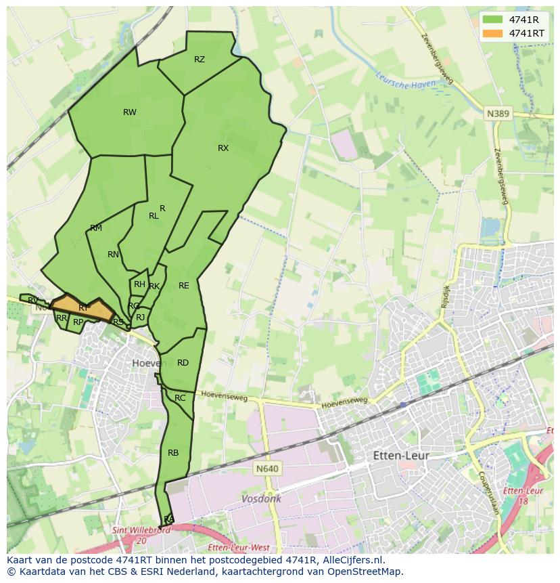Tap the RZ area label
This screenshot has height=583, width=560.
(200, 60)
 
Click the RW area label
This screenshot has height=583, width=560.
(130, 112)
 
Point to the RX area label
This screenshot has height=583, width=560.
(223, 148)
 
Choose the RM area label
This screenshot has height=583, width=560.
(96, 228)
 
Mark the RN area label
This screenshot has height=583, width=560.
(113, 255)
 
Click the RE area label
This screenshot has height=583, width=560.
(184, 286)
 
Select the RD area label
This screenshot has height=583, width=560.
(183, 363)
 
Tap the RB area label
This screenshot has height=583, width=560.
(173, 453)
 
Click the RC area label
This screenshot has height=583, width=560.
(180, 398)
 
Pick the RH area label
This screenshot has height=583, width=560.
(139, 284)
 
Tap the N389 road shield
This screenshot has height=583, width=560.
(498, 114)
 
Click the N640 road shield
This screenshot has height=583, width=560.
(268, 469)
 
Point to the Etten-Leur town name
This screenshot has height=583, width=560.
(401, 456)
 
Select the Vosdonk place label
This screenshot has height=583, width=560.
(261, 498)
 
